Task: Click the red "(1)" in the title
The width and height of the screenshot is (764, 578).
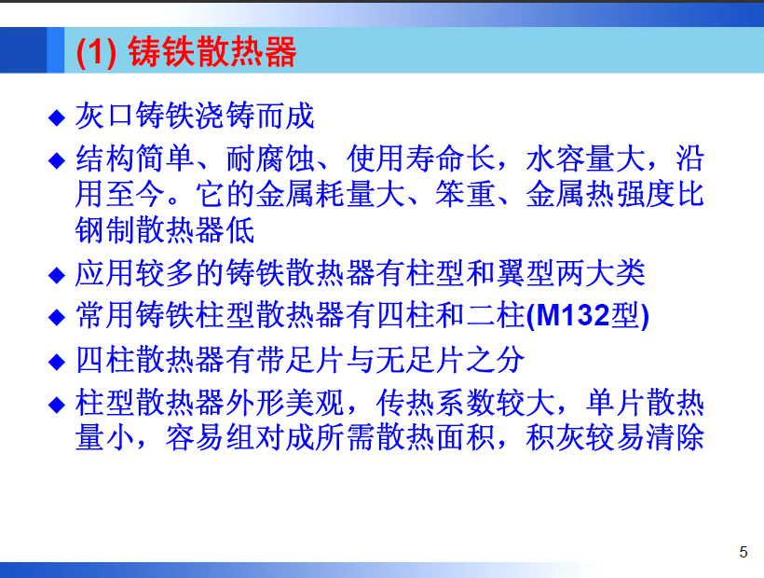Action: point(96,51)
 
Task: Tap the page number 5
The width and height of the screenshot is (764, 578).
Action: point(744,552)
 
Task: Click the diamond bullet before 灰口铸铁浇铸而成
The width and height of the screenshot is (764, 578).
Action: point(57,117)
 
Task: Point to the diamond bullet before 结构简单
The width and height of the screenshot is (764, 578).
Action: point(57,160)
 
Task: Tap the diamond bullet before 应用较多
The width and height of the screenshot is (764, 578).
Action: point(57,275)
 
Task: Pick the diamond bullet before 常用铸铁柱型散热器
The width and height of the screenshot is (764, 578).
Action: point(57,317)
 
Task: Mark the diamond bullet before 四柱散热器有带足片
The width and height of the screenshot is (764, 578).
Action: point(57,361)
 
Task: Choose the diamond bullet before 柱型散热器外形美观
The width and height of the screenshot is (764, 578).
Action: point(57,405)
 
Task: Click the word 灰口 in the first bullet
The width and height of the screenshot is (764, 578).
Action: point(104,116)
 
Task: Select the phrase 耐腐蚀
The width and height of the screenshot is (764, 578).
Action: point(270,158)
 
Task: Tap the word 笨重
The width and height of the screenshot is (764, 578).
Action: point(465,194)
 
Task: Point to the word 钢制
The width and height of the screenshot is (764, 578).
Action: point(105,229)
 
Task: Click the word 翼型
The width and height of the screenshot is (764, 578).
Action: point(525,273)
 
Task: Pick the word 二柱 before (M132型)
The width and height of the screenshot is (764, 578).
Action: point(495,315)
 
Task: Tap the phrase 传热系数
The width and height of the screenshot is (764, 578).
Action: point(435,403)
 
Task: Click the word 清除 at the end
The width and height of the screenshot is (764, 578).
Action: point(675,437)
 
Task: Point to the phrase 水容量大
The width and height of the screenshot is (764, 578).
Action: point(585,158)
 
